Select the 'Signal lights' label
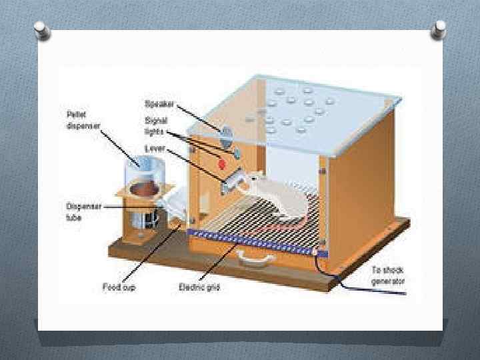[x=157, y=125]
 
